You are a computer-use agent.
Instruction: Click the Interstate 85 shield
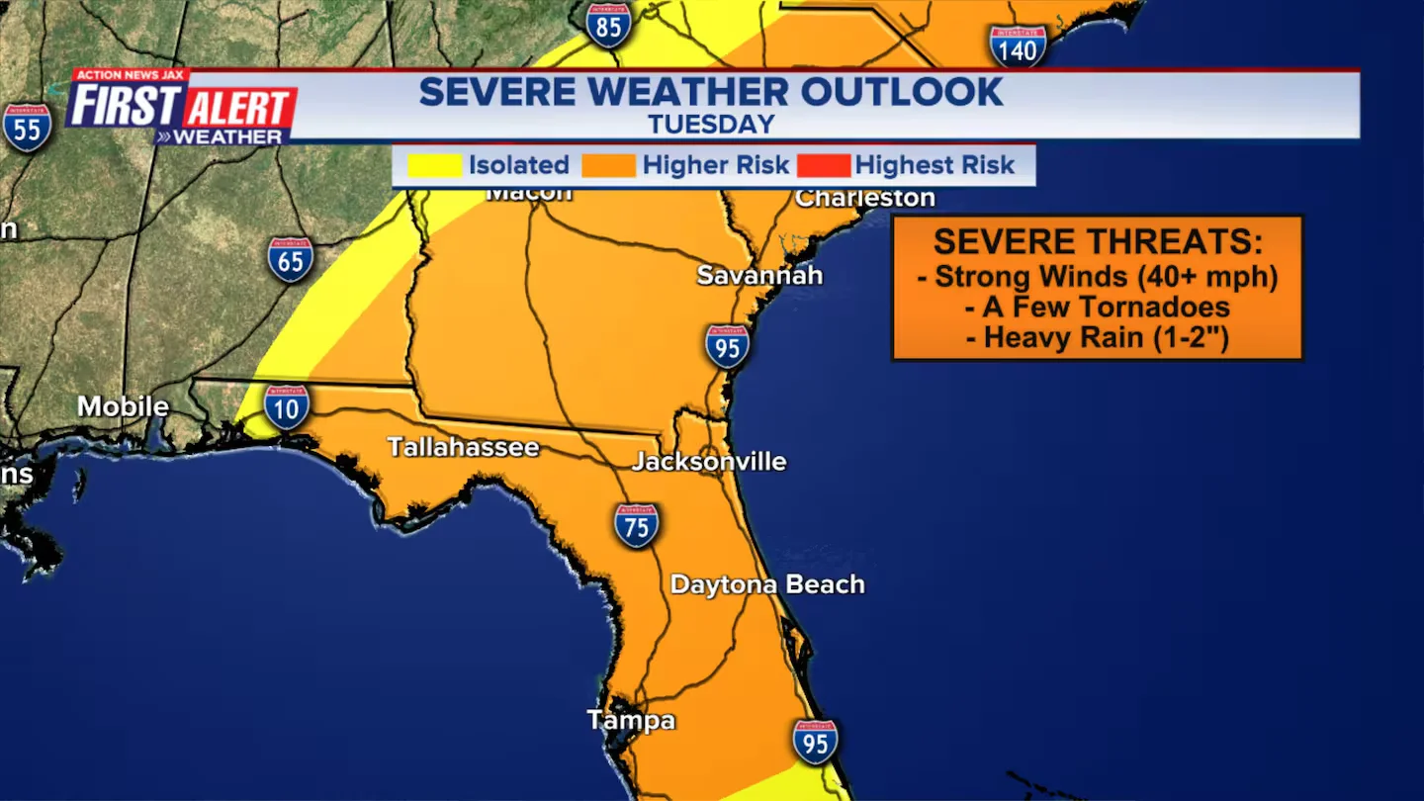pyautogui.click(x=608, y=25)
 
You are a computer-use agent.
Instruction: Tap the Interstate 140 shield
pyautogui.click(x=1018, y=45)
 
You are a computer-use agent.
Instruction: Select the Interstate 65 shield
pyautogui.click(x=291, y=260)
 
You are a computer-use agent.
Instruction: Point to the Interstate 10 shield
pyautogui.click(x=287, y=406)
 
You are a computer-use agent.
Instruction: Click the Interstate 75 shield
pyautogui.click(x=636, y=526)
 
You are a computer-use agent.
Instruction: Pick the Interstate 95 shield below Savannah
pyautogui.click(x=727, y=346)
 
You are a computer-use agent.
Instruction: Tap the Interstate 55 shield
pyautogui.click(x=27, y=128)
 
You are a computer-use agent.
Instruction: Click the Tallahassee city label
pyautogui.click(x=463, y=447)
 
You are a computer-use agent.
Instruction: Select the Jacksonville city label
pyautogui.click(x=709, y=462)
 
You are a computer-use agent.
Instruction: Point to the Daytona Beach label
pyautogui.click(x=767, y=584)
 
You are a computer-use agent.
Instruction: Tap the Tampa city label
pyautogui.click(x=631, y=720)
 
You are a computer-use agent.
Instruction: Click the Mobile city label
pyautogui.click(x=123, y=406)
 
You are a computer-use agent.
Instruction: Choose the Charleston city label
pyautogui.click(x=865, y=198)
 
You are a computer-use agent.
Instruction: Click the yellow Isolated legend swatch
pyautogui.click(x=434, y=165)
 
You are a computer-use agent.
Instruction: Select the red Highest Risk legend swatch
pyautogui.click(x=822, y=165)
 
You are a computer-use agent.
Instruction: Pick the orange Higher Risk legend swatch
pyautogui.click(x=608, y=165)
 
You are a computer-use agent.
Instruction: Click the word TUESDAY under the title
pyautogui.click(x=711, y=125)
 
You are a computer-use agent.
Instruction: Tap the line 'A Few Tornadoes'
pyautogui.click(x=1097, y=307)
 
